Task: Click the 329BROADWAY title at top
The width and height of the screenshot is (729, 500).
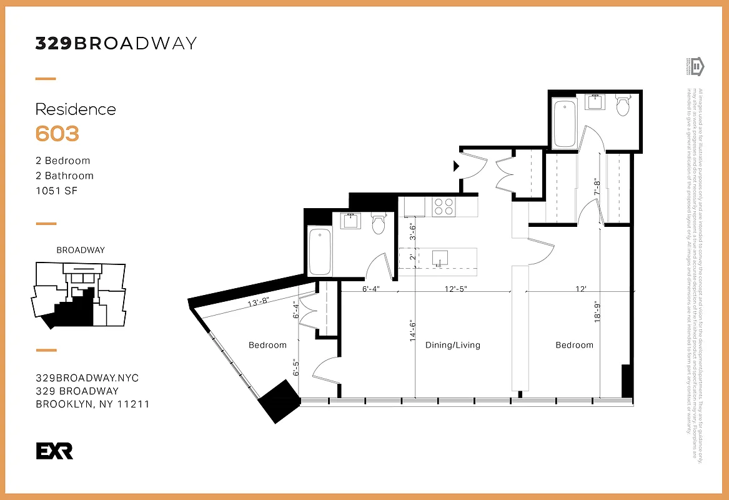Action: point(116,43)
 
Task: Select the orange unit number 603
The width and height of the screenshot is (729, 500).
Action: point(57,134)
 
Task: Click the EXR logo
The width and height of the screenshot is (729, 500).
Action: point(54,451)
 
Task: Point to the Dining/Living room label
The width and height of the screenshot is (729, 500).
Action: point(453,345)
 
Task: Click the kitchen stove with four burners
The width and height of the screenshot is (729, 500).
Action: point(444,206)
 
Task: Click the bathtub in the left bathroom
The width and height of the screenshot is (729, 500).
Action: point(320,252)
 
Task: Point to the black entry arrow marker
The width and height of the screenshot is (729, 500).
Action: point(456,166)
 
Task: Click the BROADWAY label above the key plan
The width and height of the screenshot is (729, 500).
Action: point(81,250)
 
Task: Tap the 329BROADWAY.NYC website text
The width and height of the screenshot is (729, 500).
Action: point(87,378)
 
